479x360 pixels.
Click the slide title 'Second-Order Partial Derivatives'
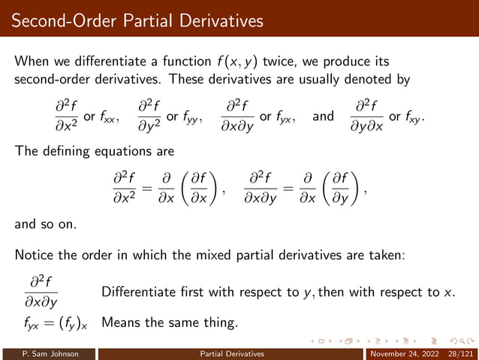pos(137,21)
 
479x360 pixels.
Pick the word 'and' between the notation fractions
pos(323,117)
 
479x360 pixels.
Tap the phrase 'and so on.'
pos(48,222)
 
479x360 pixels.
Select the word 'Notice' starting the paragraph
pos(35,256)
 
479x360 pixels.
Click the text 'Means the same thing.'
pos(169,323)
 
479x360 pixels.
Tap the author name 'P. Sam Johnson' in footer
pos(49,352)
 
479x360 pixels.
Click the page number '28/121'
pos(459,352)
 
